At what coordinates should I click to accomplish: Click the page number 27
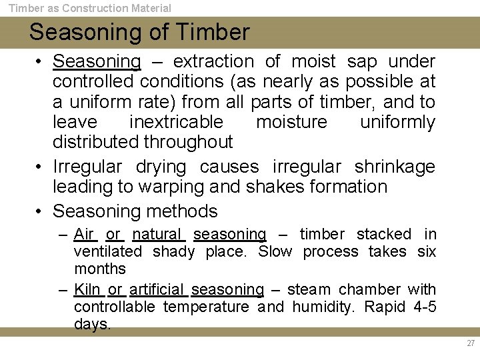coord(471,343)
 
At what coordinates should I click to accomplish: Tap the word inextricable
coord(176,122)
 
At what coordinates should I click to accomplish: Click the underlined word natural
coord(157,234)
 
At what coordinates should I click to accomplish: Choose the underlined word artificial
coord(157,289)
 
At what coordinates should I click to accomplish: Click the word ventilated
coord(108,251)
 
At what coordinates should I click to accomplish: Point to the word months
coord(100,269)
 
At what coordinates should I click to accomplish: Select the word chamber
coord(370,289)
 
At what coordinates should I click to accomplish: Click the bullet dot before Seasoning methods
coord(39,212)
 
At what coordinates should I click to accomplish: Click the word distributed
coord(95,142)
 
